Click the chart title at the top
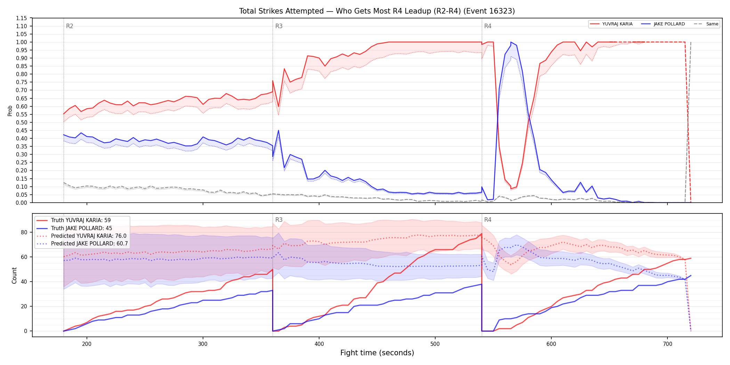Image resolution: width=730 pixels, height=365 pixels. [x=377, y=11]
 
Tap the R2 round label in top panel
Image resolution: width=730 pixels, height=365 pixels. [x=70, y=26]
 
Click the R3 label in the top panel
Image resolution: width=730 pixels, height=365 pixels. [x=279, y=26]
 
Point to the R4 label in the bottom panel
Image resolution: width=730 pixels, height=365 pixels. [x=488, y=220]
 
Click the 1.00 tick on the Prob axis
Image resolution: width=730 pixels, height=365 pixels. [x=22, y=42]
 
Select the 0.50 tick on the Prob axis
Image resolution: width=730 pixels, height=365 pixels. [x=22, y=122]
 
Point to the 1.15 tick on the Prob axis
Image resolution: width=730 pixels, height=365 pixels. [x=22, y=18]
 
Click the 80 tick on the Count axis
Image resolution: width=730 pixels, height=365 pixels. [x=24, y=232]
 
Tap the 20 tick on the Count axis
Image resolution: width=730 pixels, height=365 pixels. [x=24, y=306]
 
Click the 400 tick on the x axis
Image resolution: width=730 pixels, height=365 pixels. [x=319, y=344]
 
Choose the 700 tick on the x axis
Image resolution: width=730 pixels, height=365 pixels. [x=667, y=344]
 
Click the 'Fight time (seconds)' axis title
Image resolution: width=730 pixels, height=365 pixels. [x=377, y=353]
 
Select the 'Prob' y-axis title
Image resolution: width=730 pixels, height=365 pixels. [x=10, y=111]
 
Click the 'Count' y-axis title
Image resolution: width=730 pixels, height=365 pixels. [x=14, y=275]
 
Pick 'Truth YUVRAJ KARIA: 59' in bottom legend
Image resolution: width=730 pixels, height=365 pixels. [x=81, y=220]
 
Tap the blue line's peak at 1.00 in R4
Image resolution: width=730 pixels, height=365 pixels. [x=511, y=42]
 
